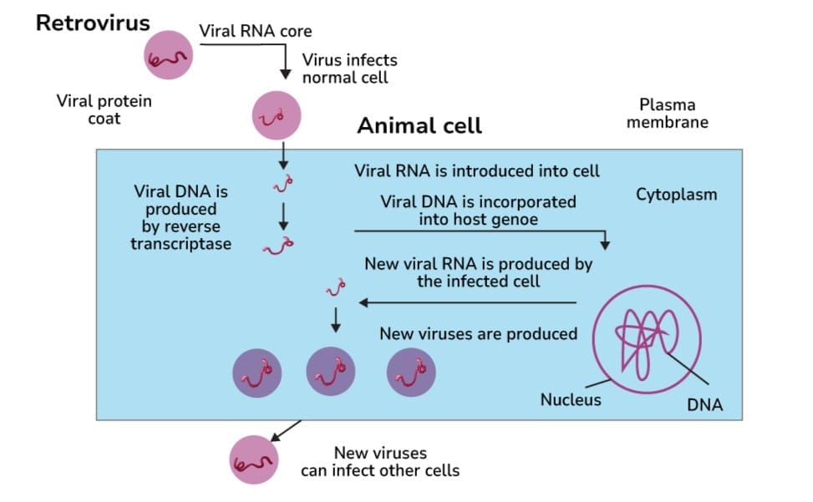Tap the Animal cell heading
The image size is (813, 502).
pyautogui.click(x=419, y=126)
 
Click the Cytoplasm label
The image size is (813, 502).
pyautogui.click(x=676, y=195)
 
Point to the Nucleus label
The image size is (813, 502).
pyautogui.click(x=570, y=400)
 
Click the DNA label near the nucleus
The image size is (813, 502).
pyautogui.click(x=704, y=406)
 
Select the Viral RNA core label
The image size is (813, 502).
pyautogui.click(x=255, y=32)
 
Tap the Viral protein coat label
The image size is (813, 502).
pyautogui.click(x=104, y=109)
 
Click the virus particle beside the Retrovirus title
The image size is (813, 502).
pyautogui.click(x=170, y=56)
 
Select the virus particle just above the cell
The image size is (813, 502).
pyautogui.click(x=277, y=117)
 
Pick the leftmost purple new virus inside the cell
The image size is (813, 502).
pyautogui.click(x=257, y=372)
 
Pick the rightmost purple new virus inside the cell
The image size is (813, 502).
pyautogui.click(x=411, y=372)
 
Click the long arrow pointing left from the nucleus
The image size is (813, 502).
pyautogui.click(x=468, y=302)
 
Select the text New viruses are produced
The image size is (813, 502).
pyautogui.click(x=478, y=334)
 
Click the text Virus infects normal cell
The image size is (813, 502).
pyautogui.click(x=349, y=68)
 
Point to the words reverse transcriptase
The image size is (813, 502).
pyautogui.click(x=180, y=236)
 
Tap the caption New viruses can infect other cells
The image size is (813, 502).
pyautogui.click(x=380, y=462)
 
